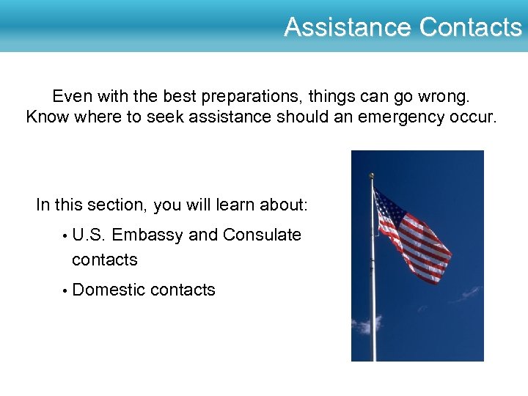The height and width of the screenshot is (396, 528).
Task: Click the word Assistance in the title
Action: click(x=349, y=27)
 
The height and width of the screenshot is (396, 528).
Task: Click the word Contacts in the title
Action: click(x=471, y=27)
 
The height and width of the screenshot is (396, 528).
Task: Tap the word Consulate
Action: click(x=262, y=235)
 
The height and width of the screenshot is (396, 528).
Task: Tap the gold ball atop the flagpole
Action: click(x=372, y=175)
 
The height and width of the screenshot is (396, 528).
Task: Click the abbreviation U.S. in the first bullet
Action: click(x=90, y=235)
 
